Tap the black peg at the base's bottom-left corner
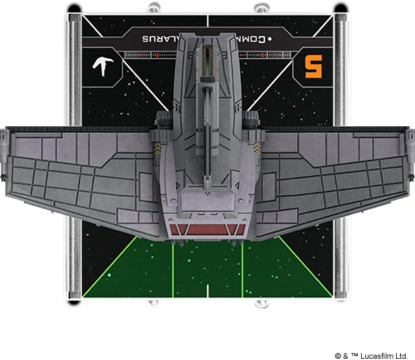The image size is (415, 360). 74,302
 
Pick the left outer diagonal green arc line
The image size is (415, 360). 110,270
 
